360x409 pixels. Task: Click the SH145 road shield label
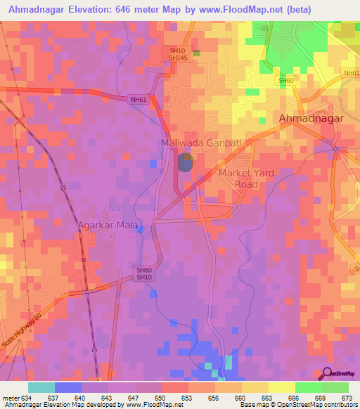click(177, 58)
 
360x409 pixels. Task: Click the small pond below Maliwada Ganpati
click(184, 163)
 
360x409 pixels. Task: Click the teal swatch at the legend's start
click(41, 387)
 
